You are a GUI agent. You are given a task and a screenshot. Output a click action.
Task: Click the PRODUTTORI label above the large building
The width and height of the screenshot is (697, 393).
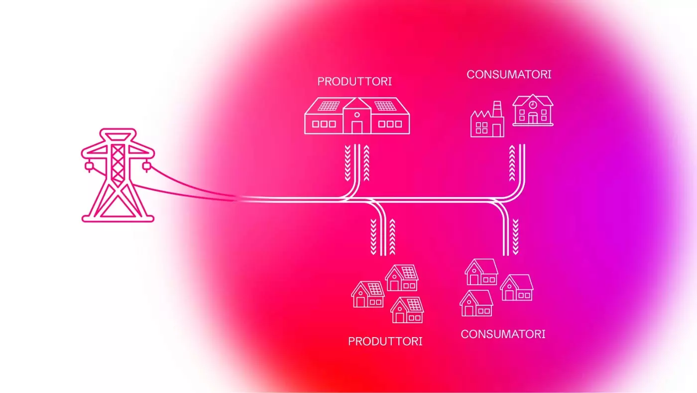pyautogui.click(x=354, y=81)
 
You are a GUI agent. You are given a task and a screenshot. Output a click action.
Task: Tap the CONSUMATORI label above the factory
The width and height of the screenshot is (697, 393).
pyautogui.click(x=509, y=74)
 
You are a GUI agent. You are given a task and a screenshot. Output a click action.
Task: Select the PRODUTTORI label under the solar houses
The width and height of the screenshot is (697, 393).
pyautogui.click(x=385, y=341)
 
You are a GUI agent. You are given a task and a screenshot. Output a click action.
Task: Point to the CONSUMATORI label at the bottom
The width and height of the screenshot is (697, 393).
pyautogui.click(x=503, y=334)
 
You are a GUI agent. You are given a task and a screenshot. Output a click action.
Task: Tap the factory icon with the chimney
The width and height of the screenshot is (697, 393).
pyautogui.click(x=487, y=121)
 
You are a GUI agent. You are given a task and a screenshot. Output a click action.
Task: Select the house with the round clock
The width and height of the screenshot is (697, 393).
pyautogui.click(x=533, y=110)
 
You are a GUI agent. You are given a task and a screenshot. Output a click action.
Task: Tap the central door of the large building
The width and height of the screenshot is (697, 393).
pyautogui.click(x=356, y=126)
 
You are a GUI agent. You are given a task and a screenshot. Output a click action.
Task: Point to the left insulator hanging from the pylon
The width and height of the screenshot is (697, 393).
pyautogui.click(x=88, y=167)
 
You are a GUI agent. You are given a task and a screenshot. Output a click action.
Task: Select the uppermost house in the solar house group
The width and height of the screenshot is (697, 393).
pyautogui.click(x=401, y=278)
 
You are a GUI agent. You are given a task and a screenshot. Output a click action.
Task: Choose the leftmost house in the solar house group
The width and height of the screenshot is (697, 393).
pyautogui.click(x=368, y=294)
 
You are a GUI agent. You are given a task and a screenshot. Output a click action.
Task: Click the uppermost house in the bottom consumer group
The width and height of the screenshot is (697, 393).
pyautogui.click(x=481, y=272)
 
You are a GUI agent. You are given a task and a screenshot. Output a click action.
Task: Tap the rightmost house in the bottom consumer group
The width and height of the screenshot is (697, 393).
pyautogui.click(x=516, y=288)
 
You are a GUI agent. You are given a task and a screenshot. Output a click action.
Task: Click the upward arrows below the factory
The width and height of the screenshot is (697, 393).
pyautogui.click(x=512, y=164)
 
